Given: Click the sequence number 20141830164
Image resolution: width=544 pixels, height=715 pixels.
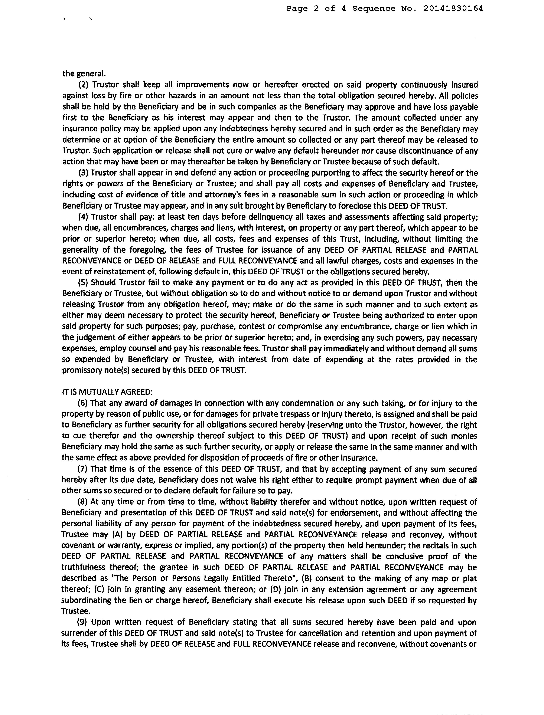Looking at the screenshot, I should [x=453, y=9].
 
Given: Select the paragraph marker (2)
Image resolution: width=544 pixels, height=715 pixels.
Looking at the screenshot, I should [x=84, y=85].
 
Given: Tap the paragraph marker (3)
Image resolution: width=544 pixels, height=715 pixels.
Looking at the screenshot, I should [x=84, y=173].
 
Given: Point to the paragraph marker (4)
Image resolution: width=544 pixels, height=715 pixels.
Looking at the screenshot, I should [x=84, y=217].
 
